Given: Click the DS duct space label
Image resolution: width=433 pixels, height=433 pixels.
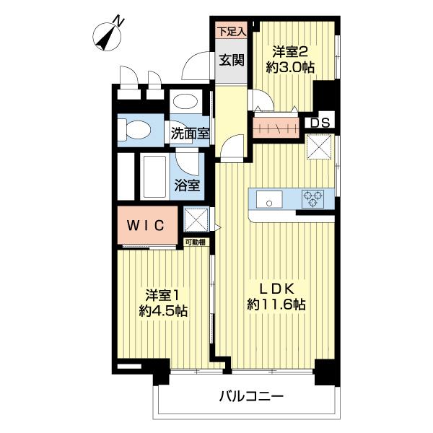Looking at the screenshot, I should pos(320,122).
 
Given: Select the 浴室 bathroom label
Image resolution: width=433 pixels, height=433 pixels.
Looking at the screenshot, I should pos(187,184).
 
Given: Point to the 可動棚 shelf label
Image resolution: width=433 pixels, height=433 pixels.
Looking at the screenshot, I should pos(195,242).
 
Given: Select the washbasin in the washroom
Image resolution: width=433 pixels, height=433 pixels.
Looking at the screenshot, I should pos(187,102).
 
